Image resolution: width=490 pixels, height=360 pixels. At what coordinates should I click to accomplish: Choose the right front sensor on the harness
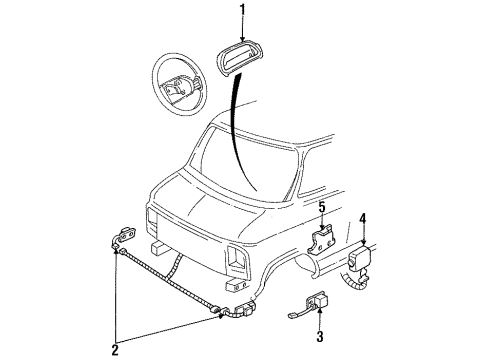[x=238, y=312]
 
